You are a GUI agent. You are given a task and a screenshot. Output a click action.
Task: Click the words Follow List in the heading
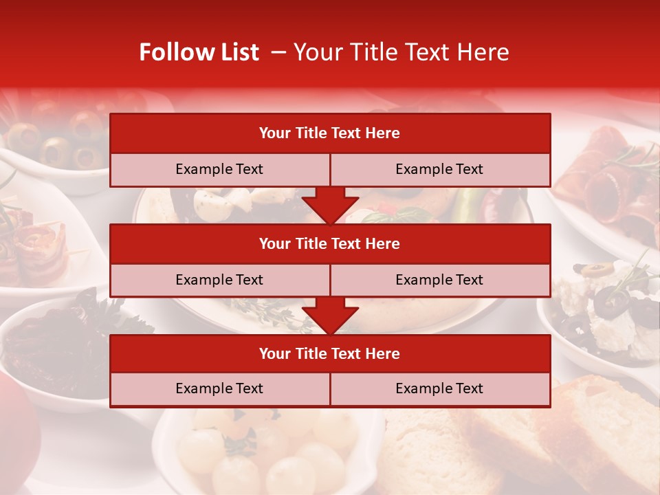pyautogui.click(x=199, y=52)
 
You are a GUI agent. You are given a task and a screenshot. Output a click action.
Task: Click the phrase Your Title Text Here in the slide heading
pyautogui.click(x=401, y=52)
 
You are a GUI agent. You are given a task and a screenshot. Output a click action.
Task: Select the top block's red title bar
pyautogui.click(x=329, y=133)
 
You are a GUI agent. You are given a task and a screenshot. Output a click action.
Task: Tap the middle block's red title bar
pyautogui.click(x=329, y=243)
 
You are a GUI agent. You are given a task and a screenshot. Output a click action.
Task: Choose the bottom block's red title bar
pyautogui.click(x=329, y=353)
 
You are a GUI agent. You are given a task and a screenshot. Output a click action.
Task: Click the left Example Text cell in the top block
pyautogui.click(x=219, y=169)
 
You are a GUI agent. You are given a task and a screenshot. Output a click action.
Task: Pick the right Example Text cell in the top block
pyautogui.click(x=439, y=169)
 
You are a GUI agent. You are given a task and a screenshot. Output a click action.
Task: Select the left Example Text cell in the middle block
pyautogui.click(x=219, y=280)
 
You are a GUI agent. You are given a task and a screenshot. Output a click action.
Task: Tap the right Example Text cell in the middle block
pyautogui.click(x=439, y=280)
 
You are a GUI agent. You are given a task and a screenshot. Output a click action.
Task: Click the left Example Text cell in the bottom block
pyautogui.click(x=219, y=388)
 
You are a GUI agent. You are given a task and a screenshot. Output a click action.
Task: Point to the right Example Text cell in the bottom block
pyautogui.click(x=439, y=388)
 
